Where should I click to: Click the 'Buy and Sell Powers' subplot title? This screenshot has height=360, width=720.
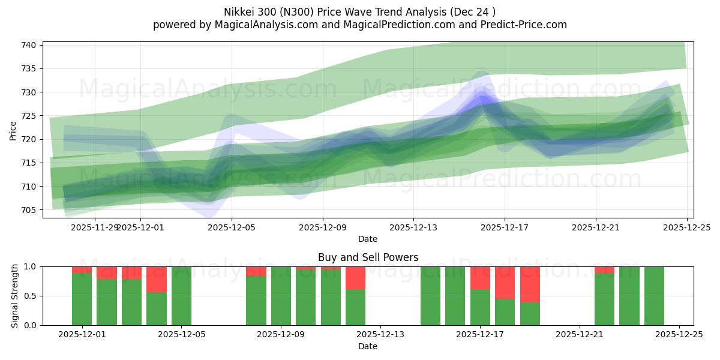(368, 257)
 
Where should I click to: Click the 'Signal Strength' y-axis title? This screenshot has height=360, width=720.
(16, 296)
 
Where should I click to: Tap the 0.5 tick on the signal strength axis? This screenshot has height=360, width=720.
(29, 296)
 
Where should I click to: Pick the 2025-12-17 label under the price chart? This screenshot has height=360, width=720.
(504, 227)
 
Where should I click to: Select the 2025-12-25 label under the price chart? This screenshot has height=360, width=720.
(686, 227)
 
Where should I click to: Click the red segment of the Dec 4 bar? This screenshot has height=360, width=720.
(157, 279)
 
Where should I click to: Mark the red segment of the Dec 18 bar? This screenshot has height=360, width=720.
(505, 282)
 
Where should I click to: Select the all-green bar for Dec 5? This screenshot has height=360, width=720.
(181, 296)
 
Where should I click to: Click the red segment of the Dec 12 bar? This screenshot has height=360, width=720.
(355, 277)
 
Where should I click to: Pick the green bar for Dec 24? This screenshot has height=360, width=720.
(654, 296)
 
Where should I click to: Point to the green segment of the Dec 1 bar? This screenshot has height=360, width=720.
(82, 299)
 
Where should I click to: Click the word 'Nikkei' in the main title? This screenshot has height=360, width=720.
(239, 12)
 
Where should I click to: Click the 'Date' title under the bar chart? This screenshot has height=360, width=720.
(368, 346)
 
